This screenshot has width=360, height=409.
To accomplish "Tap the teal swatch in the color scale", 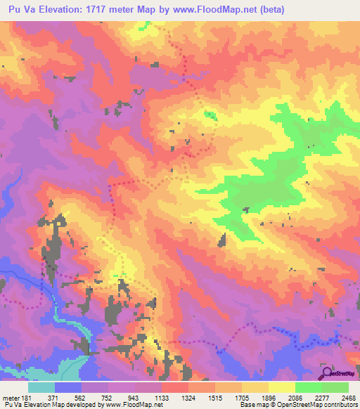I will pyautogui.click(x=41, y=387).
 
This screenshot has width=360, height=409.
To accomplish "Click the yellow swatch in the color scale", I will pyautogui.click(x=281, y=387).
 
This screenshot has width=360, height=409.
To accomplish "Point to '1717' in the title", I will pyautogui.click(x=105, y=9).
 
